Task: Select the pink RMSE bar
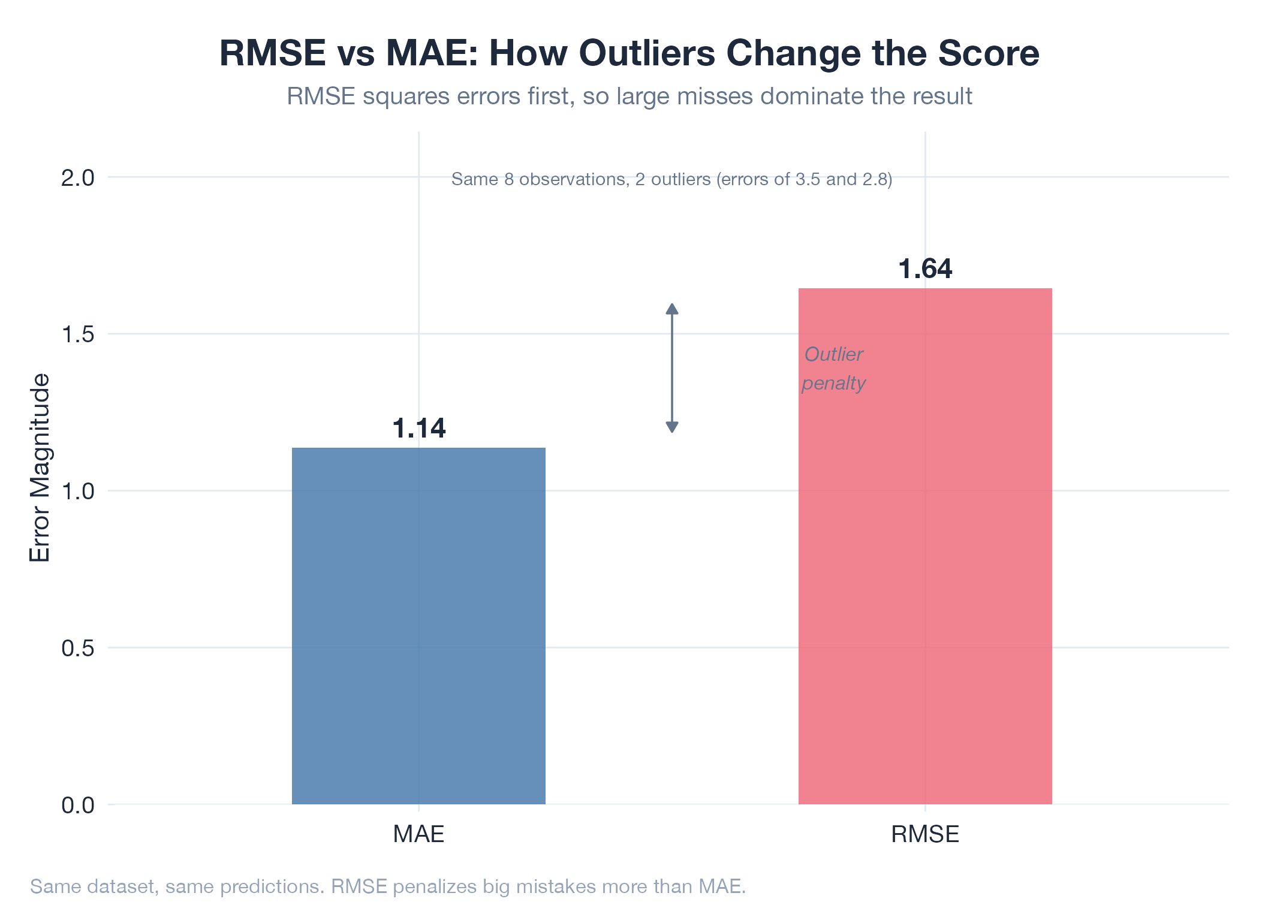924,545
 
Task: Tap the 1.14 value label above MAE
419,429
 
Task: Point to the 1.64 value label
925,269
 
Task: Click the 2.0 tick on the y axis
78,178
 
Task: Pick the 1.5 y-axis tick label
78,334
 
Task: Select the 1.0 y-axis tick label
78,491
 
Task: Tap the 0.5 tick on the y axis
78,648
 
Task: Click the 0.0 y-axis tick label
78,805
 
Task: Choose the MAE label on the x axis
418,834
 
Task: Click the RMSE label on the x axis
924,834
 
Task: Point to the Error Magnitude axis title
40,467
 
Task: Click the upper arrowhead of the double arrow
672,309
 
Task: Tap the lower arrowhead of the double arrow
672,427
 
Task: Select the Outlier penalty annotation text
833,369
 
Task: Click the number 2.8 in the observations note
874,179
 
